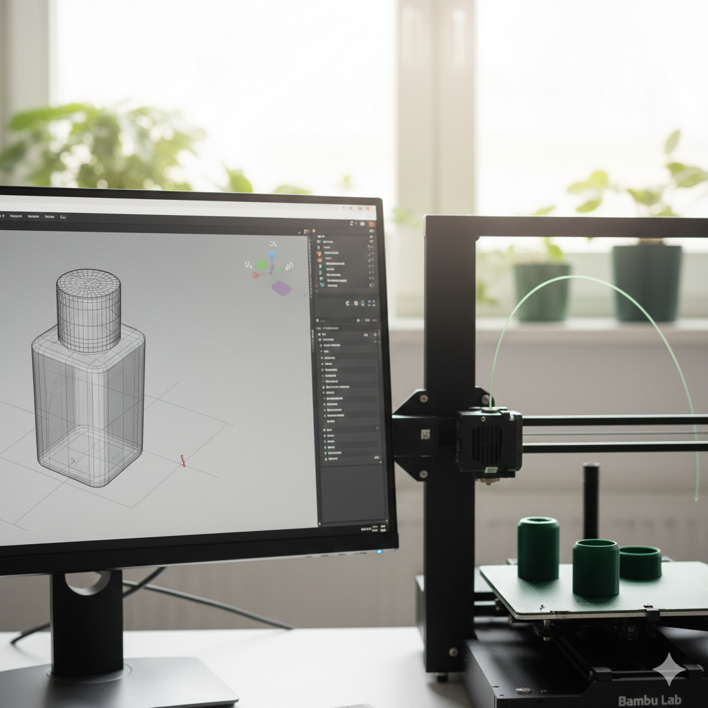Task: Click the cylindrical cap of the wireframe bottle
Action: (x=88, y=310)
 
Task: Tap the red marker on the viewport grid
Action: (x=183, y=460)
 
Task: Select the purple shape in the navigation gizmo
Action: (x=281, y=288)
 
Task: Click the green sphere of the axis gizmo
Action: (x=262, y=265)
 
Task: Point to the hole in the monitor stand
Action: (x=87, y=582)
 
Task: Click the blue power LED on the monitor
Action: (x=379, y=551)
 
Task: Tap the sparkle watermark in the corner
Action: (x=669, y=669)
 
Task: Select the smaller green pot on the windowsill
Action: (x=541, y=291)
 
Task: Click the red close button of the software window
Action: (x=372, y=223)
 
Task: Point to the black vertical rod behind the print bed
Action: (x=590, y=491)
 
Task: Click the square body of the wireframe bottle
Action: (x=88, y=408)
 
